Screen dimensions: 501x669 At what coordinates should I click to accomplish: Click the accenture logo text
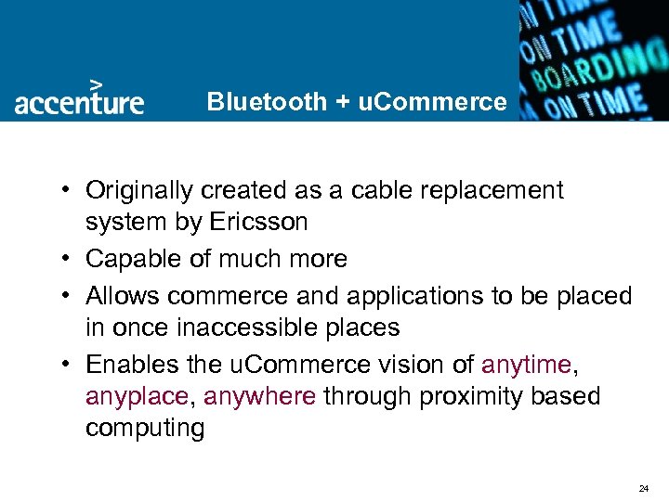(79, 101)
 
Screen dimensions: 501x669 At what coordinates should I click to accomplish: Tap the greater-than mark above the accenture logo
(95, 82)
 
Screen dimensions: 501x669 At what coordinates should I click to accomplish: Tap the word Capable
(129, 260)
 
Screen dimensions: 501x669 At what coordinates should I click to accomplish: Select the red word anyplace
(136, 397)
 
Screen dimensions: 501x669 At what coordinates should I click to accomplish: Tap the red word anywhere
(260, 397)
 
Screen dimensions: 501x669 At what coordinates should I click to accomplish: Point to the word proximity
(476, 397)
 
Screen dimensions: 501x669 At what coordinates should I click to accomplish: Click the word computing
(145, 430)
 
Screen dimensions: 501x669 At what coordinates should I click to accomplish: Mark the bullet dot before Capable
(70, 260)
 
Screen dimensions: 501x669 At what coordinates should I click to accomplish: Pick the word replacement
(489, 191)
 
